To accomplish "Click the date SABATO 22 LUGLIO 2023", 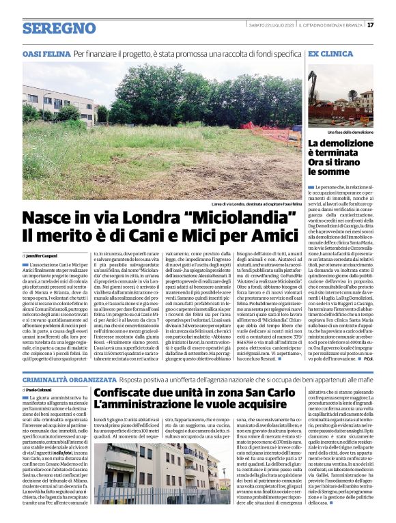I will click(x=271, y=25).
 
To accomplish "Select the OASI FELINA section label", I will click(x=46, y=53).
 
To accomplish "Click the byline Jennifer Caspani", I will click(x=43, y=255).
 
